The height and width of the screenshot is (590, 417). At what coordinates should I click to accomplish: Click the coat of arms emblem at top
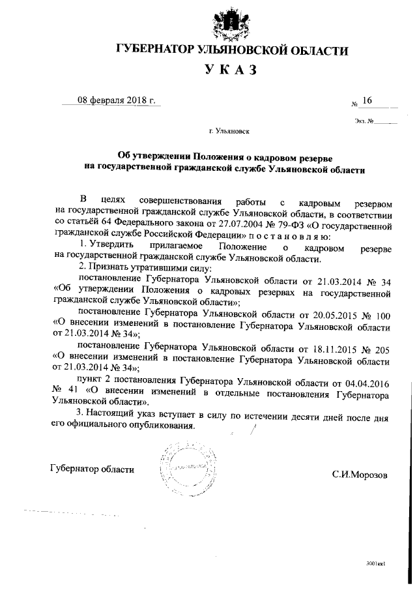pos(231,23)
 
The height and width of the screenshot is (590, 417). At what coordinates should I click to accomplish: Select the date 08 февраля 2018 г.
pos(110,100)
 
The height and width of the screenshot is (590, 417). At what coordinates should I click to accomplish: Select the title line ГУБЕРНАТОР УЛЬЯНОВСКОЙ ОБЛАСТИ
pos(231,50)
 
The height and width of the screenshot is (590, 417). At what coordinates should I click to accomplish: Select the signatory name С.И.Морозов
pos(359,475)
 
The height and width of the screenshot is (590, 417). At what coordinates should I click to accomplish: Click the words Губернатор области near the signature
pos(92,469)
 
